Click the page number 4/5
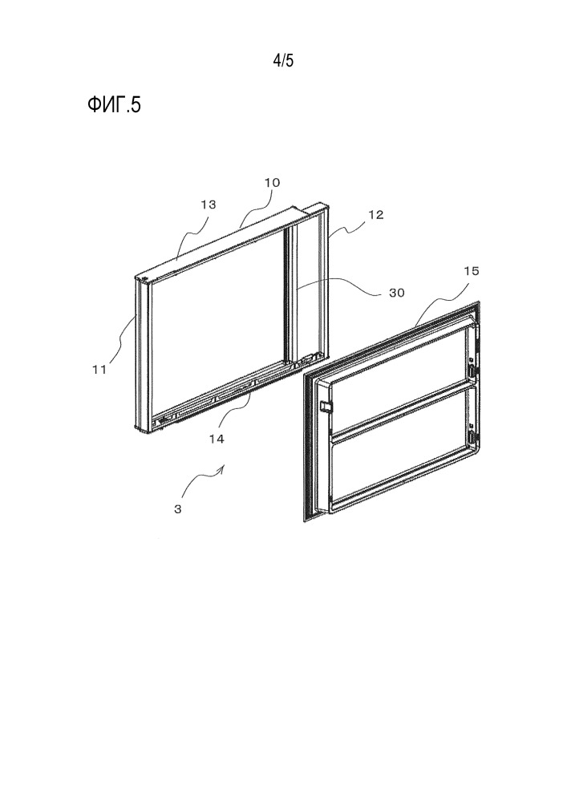tap(283, 61)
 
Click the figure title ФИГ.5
tap(114, 105)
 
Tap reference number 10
tap(272, 183)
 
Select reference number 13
tap(208, 205)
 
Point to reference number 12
tap(376, 215)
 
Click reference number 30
tap(397, 293)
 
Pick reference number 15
tap(472, 271)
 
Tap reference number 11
tap(99, 369)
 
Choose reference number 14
tap(217, 439)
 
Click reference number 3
tap(177, 509)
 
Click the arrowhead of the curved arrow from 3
tap(223, 468)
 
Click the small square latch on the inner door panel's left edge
tap(324, 406)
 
